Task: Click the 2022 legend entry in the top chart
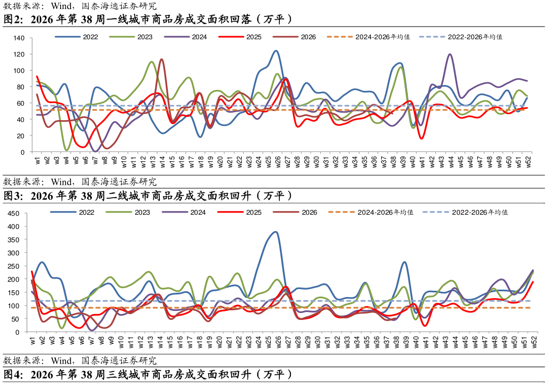[76, 37]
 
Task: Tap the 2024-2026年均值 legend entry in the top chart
[369, 37]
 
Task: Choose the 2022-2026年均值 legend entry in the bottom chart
[465, 213]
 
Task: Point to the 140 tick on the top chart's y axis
[19, 38]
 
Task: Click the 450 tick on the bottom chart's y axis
[13, 214]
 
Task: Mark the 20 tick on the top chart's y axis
[21, 136]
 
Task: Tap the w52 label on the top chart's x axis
[528, 162]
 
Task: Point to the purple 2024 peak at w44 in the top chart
[450, 54]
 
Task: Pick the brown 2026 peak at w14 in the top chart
[161, 59]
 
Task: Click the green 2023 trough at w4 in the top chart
[66, 150]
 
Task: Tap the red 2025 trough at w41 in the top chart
[422, 139]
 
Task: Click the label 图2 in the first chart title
[13, 19]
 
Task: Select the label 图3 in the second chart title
[13, 196]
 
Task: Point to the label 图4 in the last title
[13, 375]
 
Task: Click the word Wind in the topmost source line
[62, 6]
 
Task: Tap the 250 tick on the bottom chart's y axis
[13, 266]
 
